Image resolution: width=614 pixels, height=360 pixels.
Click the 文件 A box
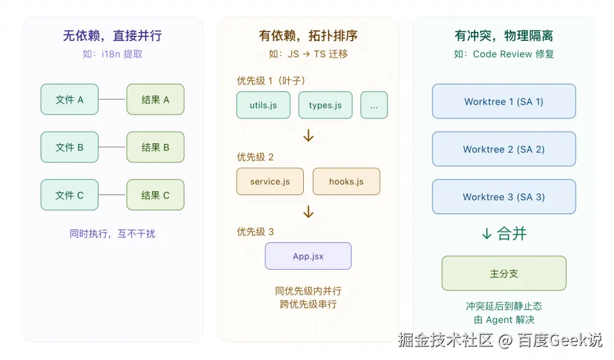[x=69, y=100]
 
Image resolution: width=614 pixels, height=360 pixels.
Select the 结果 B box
[x=155, y=147]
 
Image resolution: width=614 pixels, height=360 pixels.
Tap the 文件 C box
[x=69, y=195]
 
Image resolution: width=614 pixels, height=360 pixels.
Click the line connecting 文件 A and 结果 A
[x=113, y=100]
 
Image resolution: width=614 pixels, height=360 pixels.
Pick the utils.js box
[x=264, y=105]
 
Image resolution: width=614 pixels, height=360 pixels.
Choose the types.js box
[x=325, y=105]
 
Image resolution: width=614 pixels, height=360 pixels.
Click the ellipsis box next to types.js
[x=374, y=105]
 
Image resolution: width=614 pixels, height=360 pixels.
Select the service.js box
[x=269, y=182]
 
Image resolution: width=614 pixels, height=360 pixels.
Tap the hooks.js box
[x=346, y=182]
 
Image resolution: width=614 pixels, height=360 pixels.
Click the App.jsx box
[x=308, y=256]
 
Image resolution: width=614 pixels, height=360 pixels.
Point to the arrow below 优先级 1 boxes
[x=308, y=136]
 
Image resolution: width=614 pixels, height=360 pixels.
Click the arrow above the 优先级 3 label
[x=308, y=212]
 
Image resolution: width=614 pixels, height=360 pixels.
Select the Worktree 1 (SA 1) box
[x=503, y=101]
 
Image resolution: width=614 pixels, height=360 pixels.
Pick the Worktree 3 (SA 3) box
[x=503, y=197]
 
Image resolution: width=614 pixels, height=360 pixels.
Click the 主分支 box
[x=503, y=273]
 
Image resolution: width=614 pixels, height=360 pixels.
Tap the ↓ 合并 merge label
[x=504, y=234]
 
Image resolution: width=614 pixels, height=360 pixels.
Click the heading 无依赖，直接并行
[x=112, y=36]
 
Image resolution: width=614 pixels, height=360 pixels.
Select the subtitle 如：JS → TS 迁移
[x=308, y=54]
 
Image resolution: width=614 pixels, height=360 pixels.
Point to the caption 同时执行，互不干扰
[x=112, y=233]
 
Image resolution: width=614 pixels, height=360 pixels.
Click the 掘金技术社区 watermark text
[x=446, y=340]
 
